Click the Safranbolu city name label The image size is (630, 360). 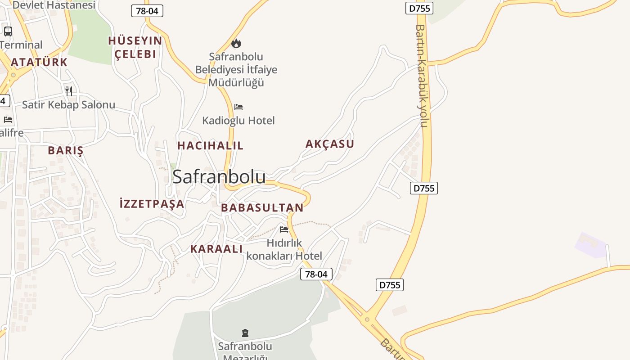pos(219,176)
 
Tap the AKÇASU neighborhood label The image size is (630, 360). pos(330,144)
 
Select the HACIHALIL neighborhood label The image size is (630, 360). pos(210,145)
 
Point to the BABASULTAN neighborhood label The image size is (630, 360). pos(262,207)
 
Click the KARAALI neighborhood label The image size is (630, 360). pos(216,249)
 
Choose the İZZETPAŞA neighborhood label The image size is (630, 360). pos(152,204)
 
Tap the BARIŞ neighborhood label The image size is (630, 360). pos(66,150)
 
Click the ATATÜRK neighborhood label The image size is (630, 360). pos(39,62)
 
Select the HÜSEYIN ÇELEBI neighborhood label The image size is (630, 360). pos(135,47)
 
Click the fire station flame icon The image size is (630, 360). pos(236,43)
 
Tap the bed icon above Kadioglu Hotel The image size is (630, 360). pos(238,107)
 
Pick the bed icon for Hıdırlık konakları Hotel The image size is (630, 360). pos(284,229)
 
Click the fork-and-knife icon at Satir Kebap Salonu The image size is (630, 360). pos(69,91)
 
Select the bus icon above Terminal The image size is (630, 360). pos(8,31)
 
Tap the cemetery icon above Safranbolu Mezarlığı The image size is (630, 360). pos(245,333)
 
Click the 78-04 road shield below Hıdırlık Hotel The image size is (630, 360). pos(316,274)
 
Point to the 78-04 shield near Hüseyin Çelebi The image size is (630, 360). pos(147,11)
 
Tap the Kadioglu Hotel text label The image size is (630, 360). pos(238,121)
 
